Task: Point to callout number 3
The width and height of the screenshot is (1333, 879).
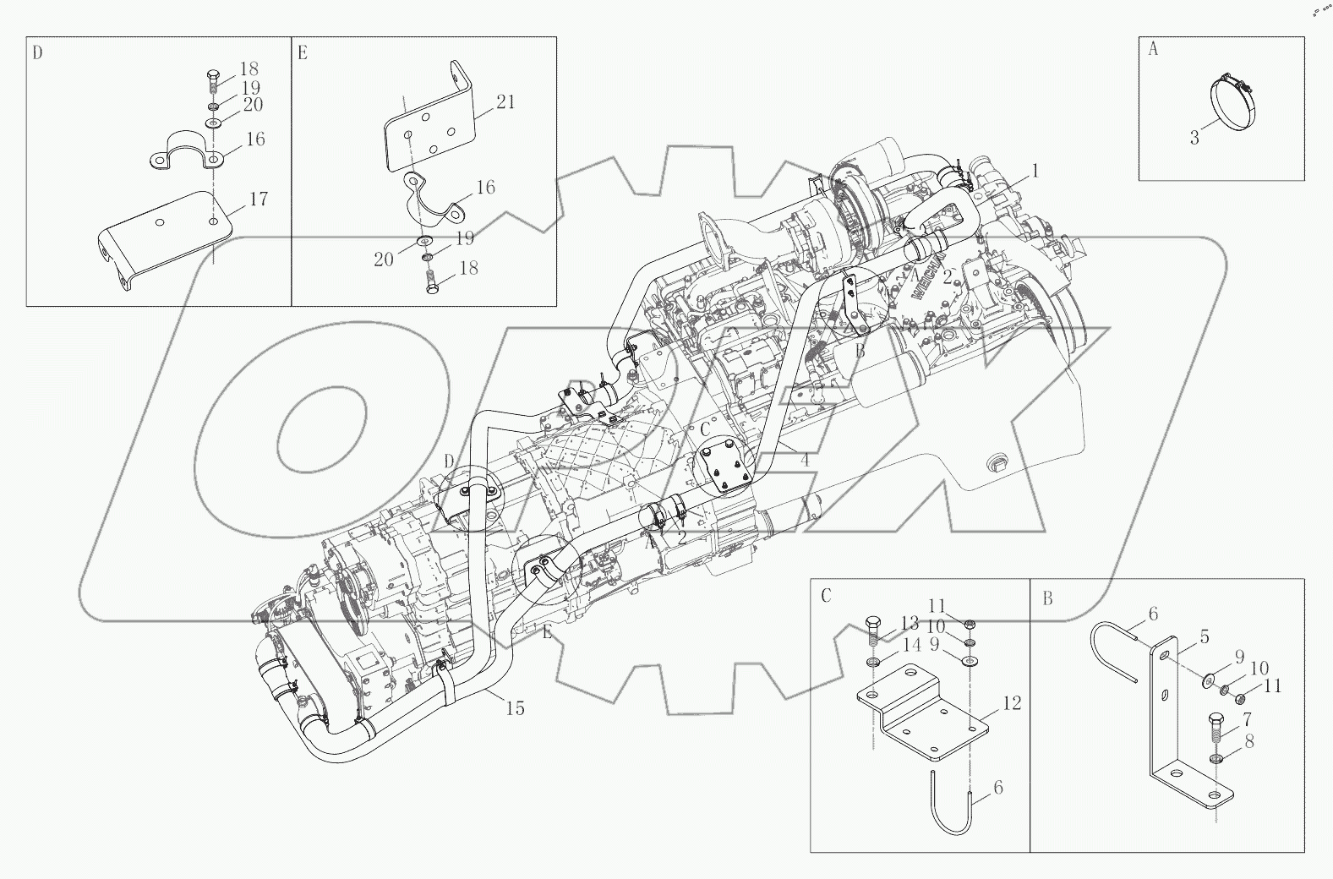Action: (x=1194, y=138)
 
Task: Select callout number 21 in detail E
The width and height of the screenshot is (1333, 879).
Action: (x=505, y=102)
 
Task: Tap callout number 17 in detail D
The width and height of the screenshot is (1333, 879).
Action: (x=259, y=199)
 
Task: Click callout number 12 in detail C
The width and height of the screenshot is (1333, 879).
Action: (x=1012, y=703)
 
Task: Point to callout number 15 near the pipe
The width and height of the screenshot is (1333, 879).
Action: (x=515, y=708)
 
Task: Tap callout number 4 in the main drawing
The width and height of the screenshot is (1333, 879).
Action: (x=805, y=461)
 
